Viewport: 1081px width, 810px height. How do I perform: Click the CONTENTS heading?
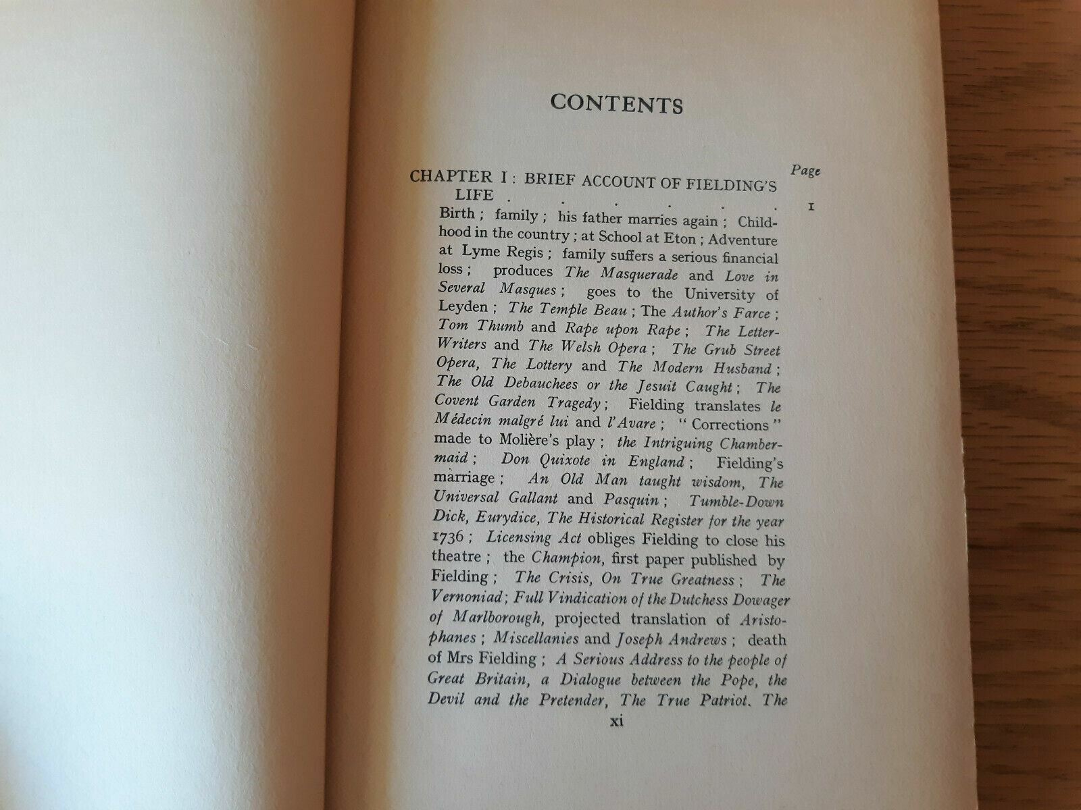tap(616, 104)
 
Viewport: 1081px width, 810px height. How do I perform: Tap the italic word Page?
tap(805, 170)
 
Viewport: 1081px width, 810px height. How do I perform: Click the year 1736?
tap(445, 537)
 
